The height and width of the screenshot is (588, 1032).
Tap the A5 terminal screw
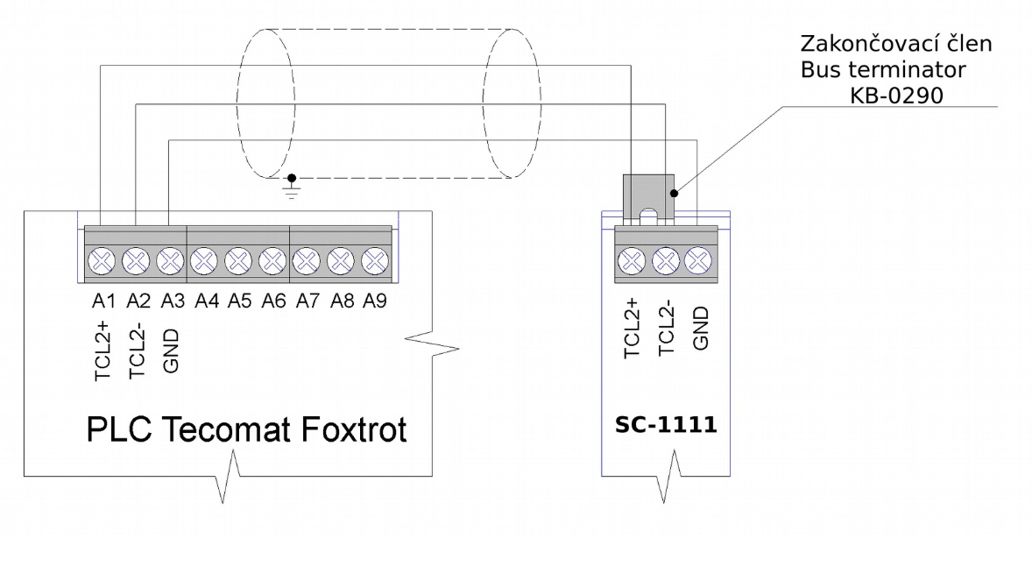tap(238, 260)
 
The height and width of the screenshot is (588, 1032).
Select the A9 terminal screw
tap(375, 260)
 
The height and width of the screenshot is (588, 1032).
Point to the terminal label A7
tap(307, 300)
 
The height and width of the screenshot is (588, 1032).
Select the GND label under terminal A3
tap(170, 351)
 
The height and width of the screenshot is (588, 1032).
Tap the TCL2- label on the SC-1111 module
tap(666, 328)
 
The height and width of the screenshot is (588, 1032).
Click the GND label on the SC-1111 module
tap(699, 328)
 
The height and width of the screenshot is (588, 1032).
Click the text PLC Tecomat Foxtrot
tap(246, 430)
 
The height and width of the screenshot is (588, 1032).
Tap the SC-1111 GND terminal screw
tap(698, 260)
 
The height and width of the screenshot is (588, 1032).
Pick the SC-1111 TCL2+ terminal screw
tap(633, 260)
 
